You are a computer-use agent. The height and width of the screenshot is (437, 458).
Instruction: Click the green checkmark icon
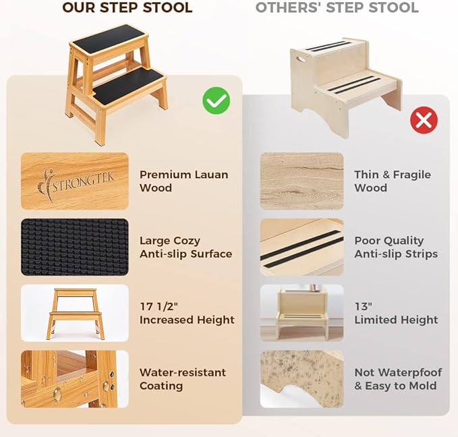216,101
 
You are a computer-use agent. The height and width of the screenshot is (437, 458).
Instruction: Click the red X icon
424,121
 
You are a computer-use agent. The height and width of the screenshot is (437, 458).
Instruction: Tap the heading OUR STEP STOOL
127,8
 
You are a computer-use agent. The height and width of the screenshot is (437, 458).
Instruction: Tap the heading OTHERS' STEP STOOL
337,8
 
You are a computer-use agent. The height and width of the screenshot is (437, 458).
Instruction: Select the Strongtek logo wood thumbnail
74,181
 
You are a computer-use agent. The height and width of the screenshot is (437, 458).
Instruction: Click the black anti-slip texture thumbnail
74,247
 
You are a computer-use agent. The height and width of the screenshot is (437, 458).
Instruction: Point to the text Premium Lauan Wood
183,181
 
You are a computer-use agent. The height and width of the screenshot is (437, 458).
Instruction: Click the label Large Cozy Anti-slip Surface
185,247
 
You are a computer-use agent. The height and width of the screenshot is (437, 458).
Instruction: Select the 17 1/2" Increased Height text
187,313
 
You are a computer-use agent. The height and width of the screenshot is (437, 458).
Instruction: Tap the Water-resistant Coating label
182,379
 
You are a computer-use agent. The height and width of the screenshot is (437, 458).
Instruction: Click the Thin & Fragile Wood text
392,181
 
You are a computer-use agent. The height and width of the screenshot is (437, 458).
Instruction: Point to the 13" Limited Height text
396,313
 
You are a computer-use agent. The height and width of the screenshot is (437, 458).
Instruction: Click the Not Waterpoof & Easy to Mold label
398,379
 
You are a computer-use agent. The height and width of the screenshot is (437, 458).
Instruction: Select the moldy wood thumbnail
302,379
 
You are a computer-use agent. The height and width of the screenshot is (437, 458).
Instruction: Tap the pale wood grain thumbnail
302,181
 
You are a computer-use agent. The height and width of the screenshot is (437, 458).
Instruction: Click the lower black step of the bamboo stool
128,86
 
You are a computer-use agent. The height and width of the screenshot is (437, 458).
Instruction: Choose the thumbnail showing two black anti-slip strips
302,247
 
